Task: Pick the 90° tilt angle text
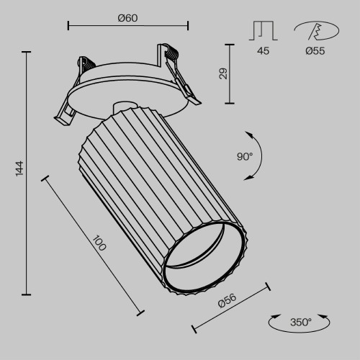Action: pos(244,156)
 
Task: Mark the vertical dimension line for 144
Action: pos(27,173)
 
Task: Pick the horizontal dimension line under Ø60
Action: pos(127,26)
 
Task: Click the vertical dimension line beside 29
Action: pos(230,73)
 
